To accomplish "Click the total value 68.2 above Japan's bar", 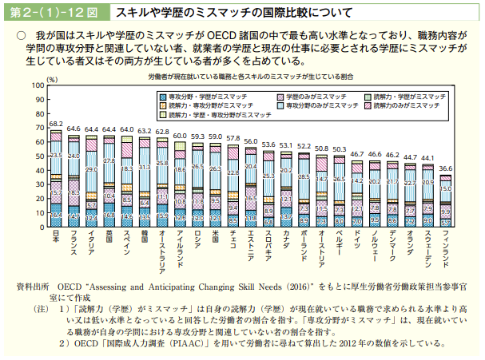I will (56, 125).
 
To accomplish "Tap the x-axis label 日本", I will (56, 239).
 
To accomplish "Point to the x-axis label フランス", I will (74, 245).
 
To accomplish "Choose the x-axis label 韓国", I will (145, 239).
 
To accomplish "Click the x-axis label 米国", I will (216, 239).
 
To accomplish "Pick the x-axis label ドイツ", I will (357, 242).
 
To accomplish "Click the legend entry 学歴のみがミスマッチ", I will (314, 95).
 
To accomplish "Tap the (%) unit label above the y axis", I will (51, 80).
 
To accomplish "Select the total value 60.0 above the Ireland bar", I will (180, 136).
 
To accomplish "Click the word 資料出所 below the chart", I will (33, 283).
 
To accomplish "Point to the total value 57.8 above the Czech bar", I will (233, 139).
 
